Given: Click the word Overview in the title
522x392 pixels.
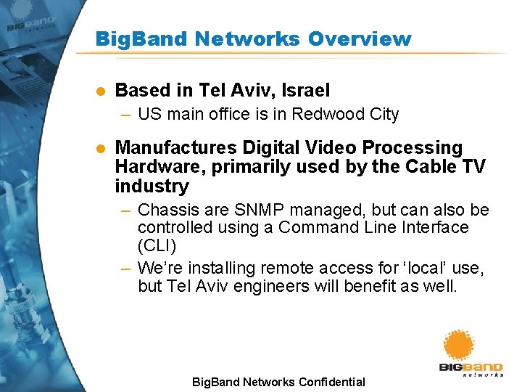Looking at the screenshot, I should click(x=360, y=38).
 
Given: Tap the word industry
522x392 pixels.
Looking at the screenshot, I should click(x=152, y=186).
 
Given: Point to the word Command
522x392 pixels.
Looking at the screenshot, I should click(x=320, y=227).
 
